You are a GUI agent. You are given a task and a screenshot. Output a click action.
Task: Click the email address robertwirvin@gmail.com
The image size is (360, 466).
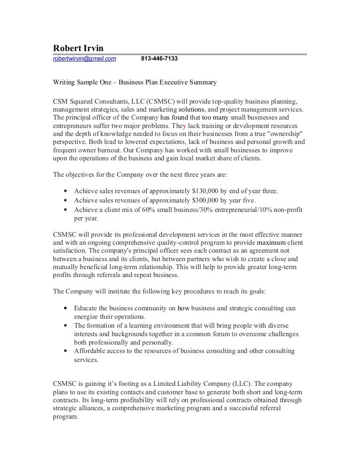pos(84,59)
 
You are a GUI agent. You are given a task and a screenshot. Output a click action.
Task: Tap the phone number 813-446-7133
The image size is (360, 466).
pos(159,59)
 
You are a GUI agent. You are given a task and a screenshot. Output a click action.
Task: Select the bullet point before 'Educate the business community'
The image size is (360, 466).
pos(64,308)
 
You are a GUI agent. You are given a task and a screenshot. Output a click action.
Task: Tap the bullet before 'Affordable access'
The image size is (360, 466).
pos(64,351)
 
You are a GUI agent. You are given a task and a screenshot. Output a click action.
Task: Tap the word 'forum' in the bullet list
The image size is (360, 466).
pos(197,334)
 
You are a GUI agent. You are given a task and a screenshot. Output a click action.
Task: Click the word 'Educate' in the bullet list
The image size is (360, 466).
pos(87,308)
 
